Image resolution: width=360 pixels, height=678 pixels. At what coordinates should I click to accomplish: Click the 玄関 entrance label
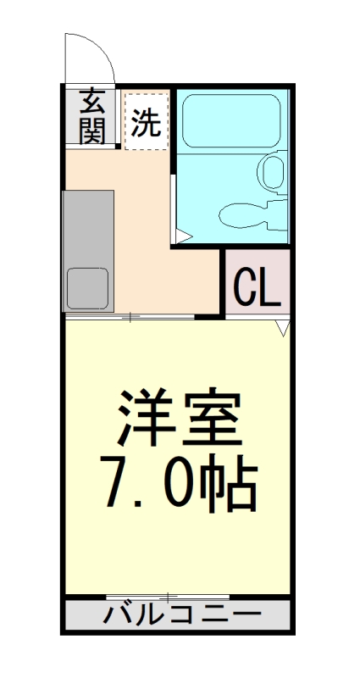click(93, 117)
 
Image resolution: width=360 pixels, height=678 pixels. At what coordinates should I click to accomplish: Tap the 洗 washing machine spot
click(146, 124)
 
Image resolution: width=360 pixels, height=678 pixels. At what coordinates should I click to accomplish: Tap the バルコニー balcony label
click(179, 614)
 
